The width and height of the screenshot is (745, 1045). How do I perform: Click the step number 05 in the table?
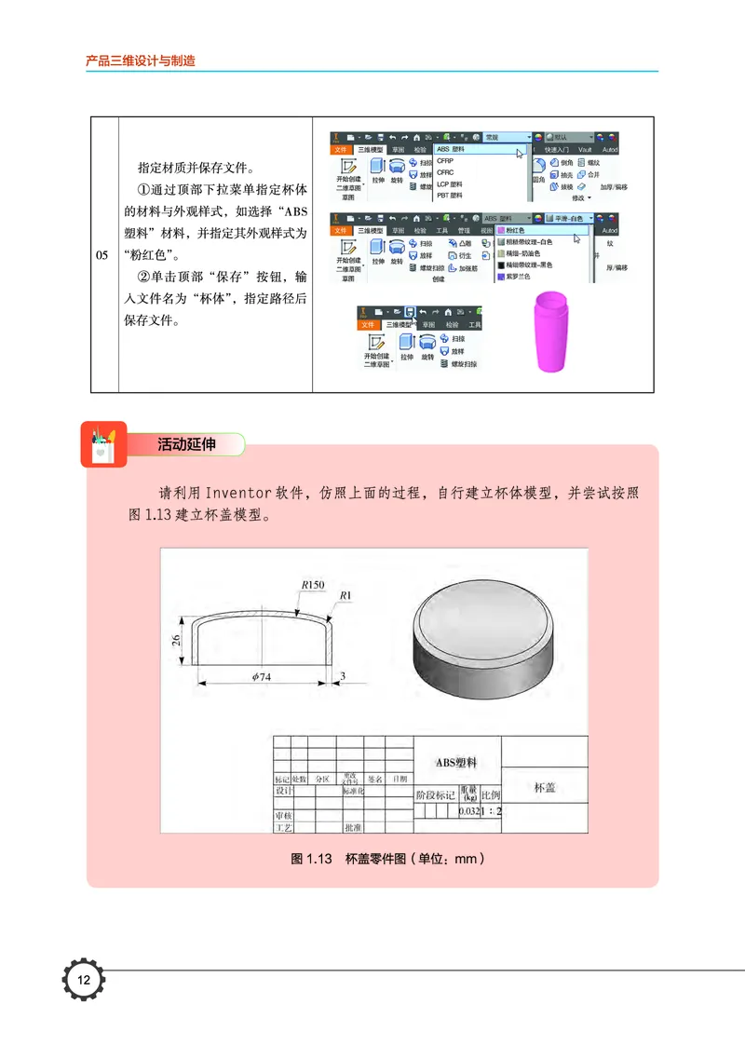coord(104,255)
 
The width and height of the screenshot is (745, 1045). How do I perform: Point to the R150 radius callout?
coord(312,585)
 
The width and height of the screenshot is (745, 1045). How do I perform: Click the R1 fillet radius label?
coord(345,595)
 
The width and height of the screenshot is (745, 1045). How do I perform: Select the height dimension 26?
coord(176,640)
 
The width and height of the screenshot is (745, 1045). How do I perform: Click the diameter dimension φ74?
coord(262,677)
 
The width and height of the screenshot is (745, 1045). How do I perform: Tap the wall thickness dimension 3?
coord(344,677)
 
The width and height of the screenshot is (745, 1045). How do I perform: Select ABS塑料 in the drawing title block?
coord(456,762)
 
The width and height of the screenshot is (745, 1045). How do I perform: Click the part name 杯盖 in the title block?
coord(545,788)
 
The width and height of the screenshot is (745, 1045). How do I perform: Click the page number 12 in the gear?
coord(84,980)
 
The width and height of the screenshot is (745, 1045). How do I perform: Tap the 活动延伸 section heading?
coord(186,445)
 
